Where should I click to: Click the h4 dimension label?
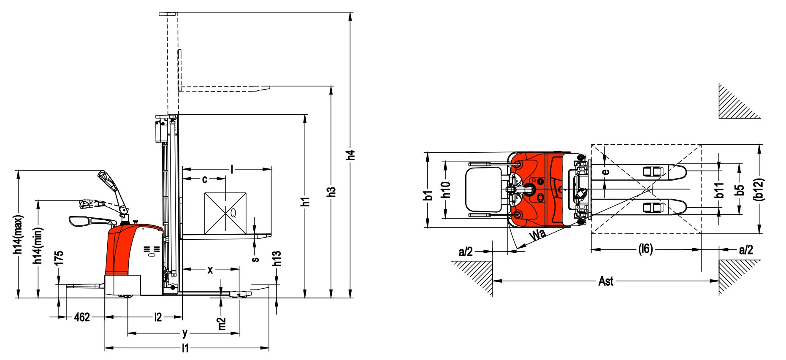click(x=350, y=154)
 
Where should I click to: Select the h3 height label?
click(x=331, y=192)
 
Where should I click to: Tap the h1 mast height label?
click(x=305, y=201)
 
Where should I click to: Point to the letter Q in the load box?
click(x=233, y=213)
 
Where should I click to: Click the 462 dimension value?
click(x=82, y=317)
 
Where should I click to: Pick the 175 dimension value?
click(x=59, y=258)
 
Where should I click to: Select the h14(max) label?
click(x=18, y=235)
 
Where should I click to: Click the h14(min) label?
click(x=38, y=246)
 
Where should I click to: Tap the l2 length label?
click(x=158, y=317)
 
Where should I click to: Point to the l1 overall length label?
click(x=185, y=348)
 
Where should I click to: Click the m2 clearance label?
click(x=222, y=324)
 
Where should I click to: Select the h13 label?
click(x=276, y=258)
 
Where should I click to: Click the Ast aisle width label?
click(x=606, y=281)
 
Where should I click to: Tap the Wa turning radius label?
click(x=537, y=235)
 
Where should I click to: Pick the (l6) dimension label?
click(x=645, y=249)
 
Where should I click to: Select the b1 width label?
click(x=428, y=195)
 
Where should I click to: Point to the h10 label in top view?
click(x=446, y=189)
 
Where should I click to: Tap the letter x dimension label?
click(x=210, y=270)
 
